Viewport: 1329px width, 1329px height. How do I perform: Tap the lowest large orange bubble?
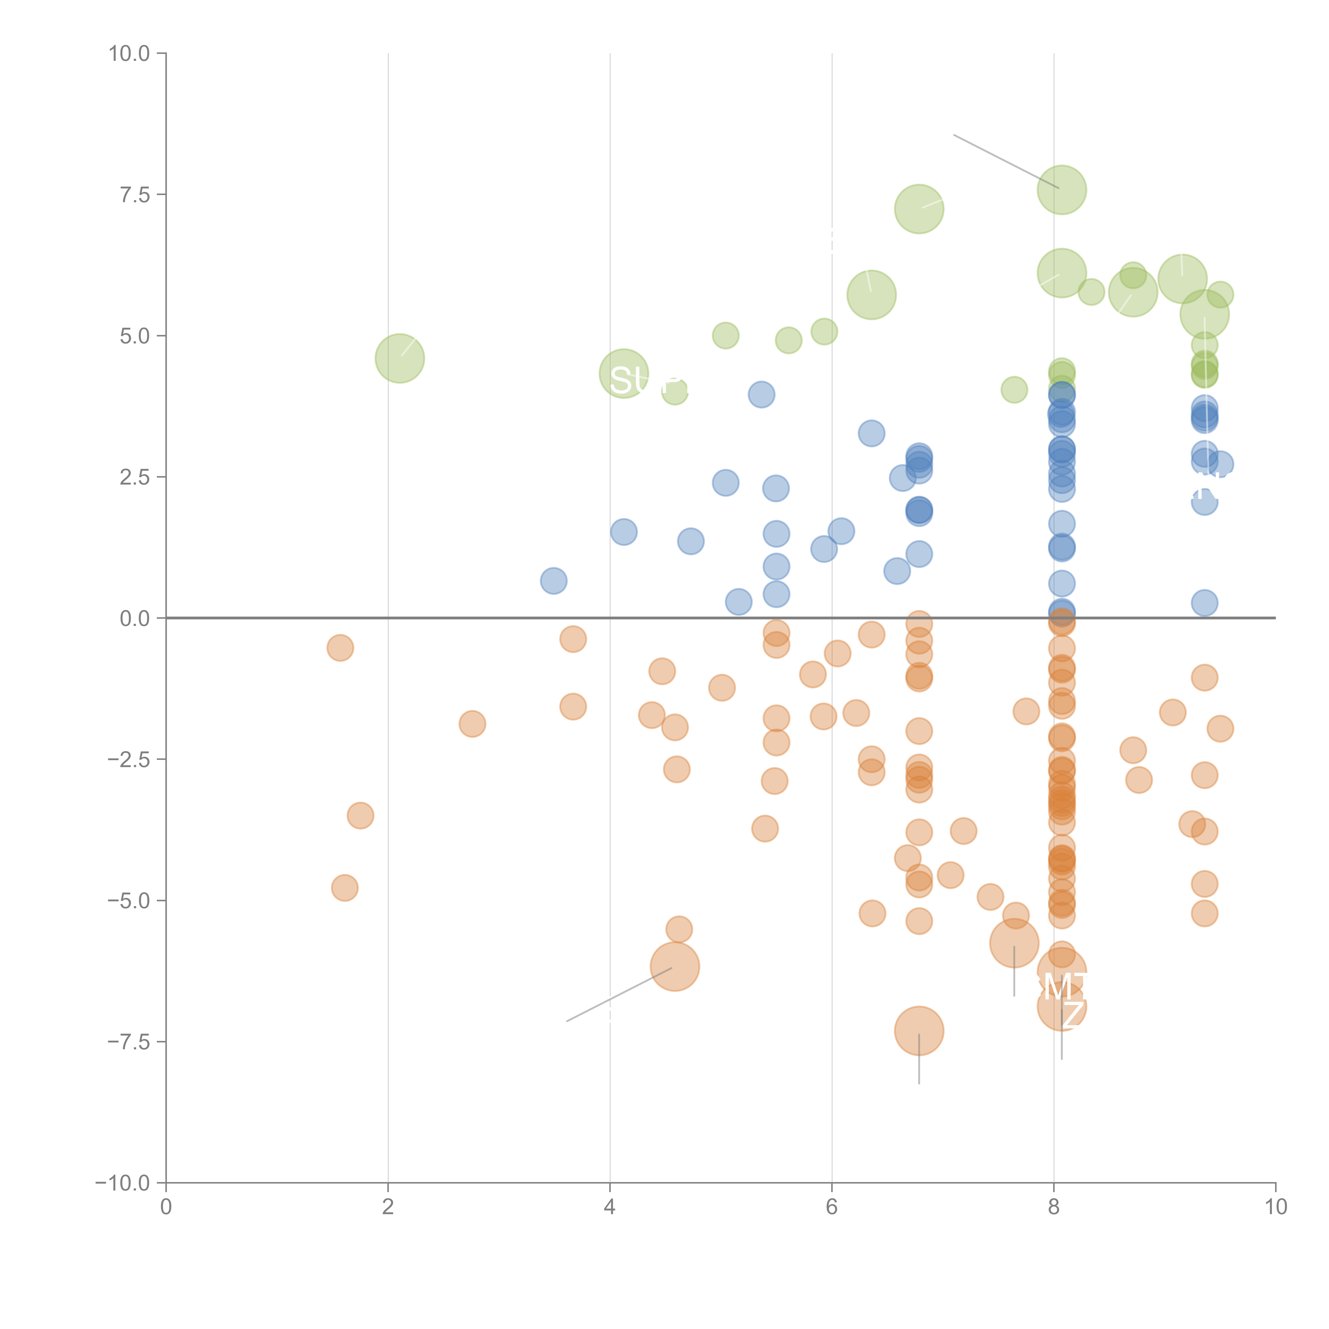919,1031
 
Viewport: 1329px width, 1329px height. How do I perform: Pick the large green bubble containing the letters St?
624,373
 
